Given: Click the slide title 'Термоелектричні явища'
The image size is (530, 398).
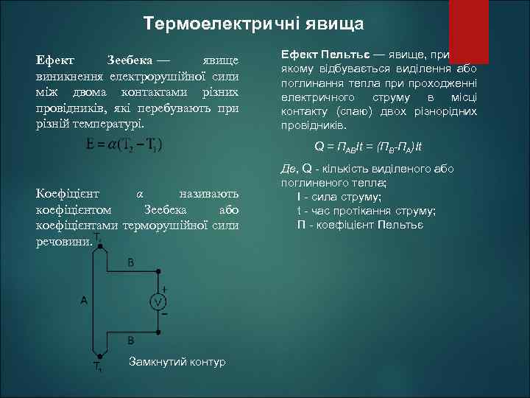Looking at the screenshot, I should (253, 24).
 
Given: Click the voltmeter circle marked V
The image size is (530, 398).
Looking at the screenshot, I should (158, 301).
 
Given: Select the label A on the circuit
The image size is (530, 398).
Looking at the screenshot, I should (84, 301).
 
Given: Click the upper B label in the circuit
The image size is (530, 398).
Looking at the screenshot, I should (131, 262).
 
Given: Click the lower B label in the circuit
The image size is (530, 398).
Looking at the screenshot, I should (131, 341).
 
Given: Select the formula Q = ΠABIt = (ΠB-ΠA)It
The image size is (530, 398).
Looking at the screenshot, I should (379, 145).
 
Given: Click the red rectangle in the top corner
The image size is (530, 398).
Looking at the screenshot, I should (469, 31).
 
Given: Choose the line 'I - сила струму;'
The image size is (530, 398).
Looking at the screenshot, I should (339, 197).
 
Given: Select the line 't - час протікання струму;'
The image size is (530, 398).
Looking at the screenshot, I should (366, 210).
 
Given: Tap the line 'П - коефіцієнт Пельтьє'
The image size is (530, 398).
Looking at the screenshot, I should (360, 223).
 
